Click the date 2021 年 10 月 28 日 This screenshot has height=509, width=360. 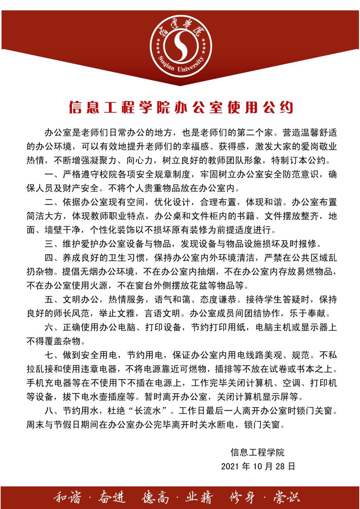(258, 466)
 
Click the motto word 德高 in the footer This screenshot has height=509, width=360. (156, 497)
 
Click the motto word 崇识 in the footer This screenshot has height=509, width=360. (287, 497)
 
